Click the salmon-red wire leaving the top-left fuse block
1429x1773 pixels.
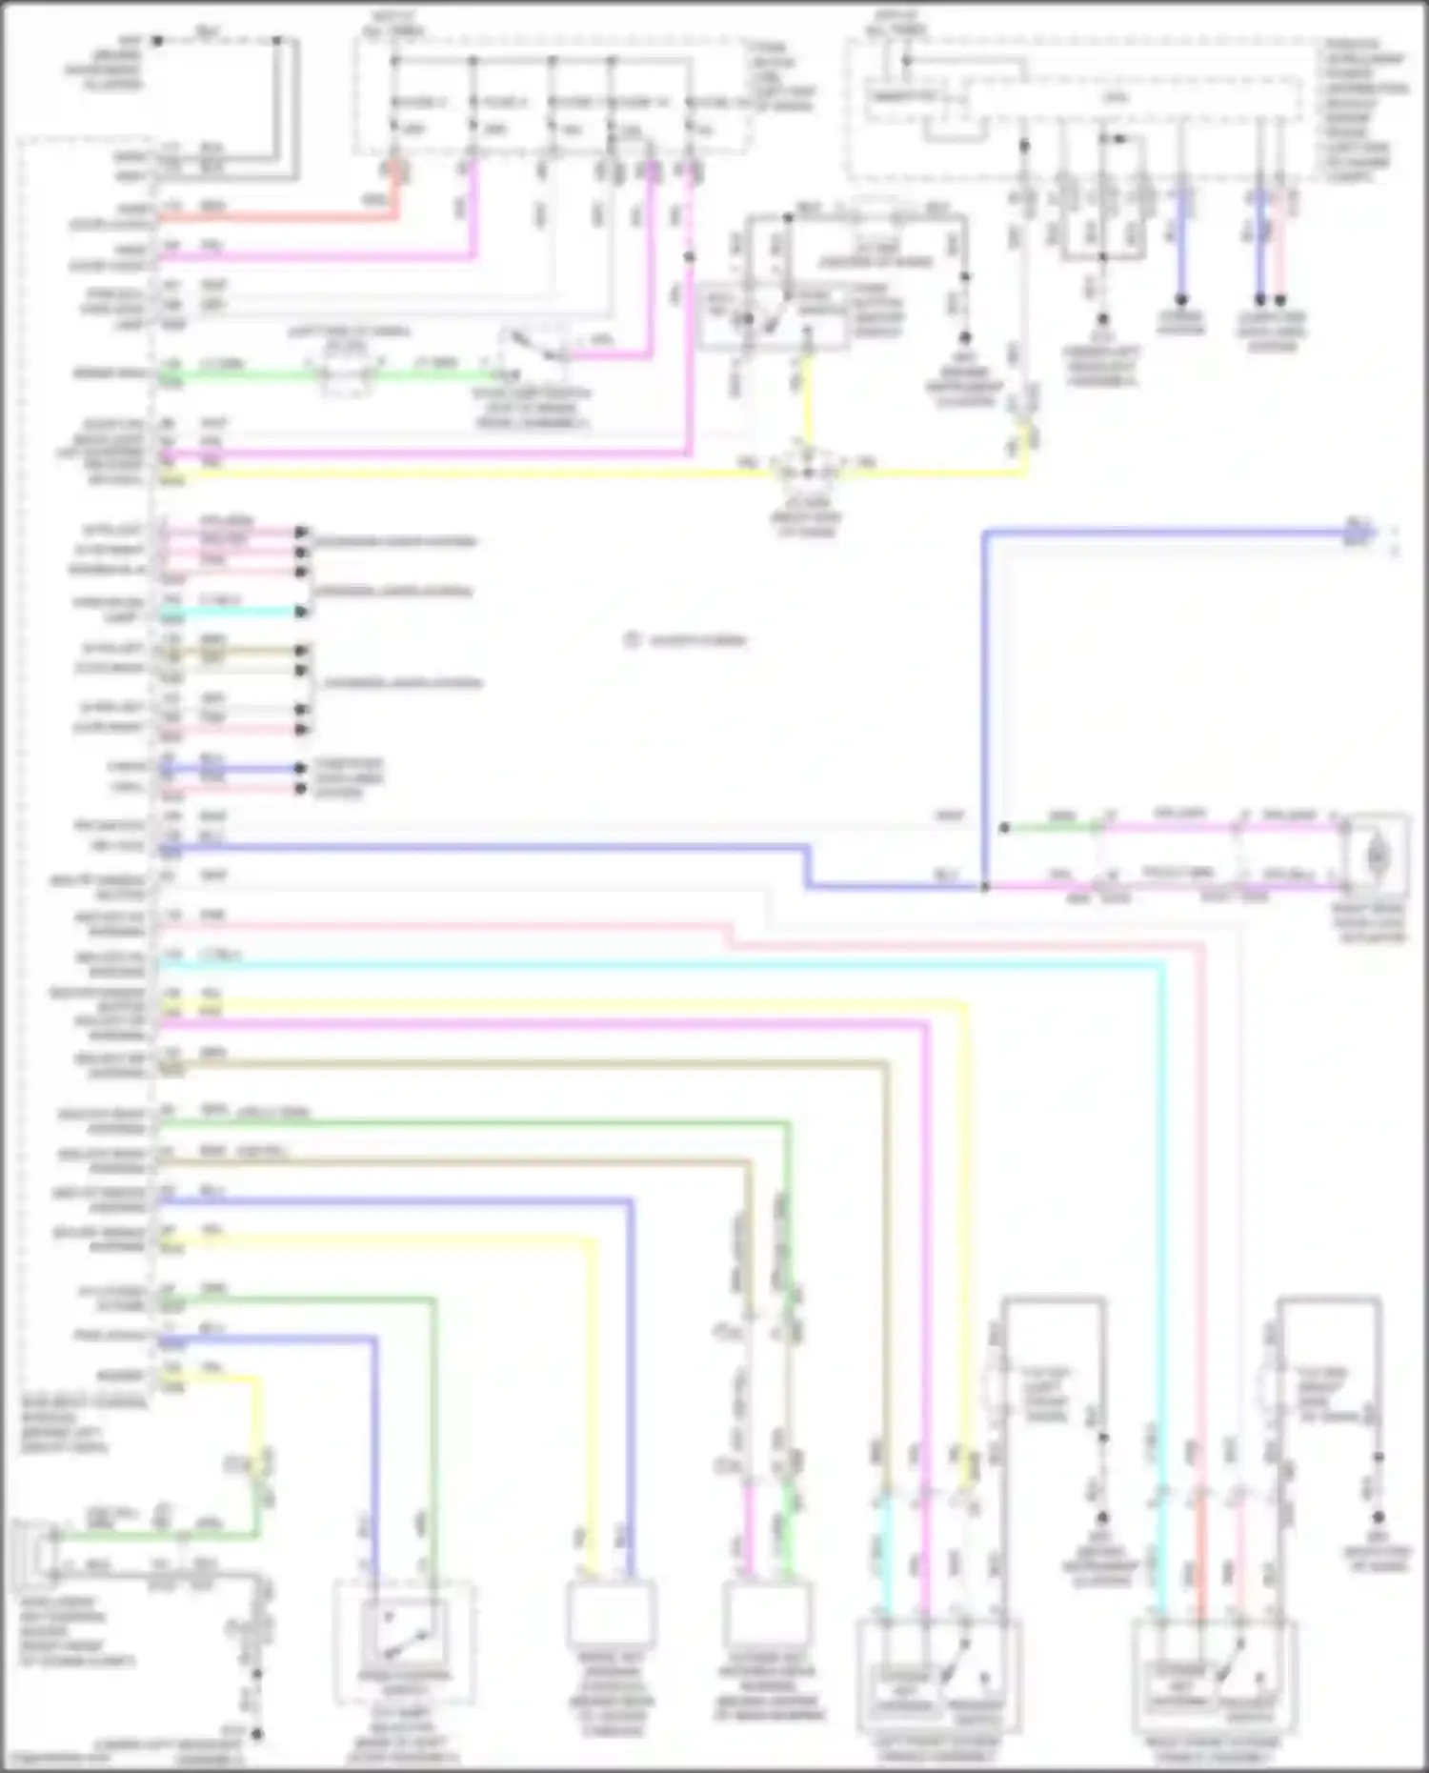tap(286, 218)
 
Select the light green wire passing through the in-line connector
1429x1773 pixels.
tap(248, 374)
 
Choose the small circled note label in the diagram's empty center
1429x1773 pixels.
tap(631, 640)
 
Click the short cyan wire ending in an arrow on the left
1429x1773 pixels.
tap(238, 612)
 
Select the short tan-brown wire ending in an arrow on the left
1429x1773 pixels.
tap(238, 651)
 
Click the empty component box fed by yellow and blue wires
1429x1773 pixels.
tap(611, 1612)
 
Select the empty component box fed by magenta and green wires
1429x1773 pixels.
tap(768, 1612)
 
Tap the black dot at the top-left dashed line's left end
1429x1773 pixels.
tap(158, 41)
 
